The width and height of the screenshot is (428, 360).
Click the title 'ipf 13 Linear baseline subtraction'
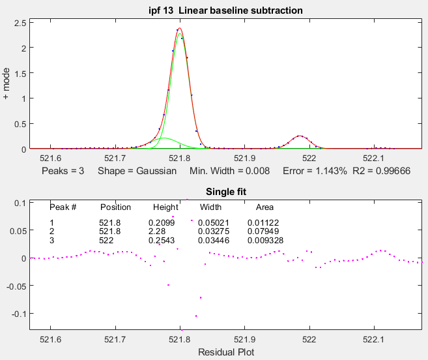pyautogui.click(x=225, y=10)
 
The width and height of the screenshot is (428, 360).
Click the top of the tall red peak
pyautogui.click(x=179, y=28)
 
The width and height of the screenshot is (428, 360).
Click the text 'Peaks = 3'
pyautogui.click(x=63, y=172)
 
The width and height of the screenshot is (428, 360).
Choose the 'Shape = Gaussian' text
pyautogui.click(x=137, y=172)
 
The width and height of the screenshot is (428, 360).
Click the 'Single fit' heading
pyautogui.click(x=225, y=191)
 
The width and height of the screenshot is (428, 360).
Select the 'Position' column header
pyautogui.click(x=115, y=207)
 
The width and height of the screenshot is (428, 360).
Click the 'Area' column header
pyautogui.click(x=264, y=207)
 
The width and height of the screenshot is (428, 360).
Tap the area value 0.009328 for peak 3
pyautogui.click(x=265, y=240)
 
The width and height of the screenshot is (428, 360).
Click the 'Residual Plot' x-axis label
pyautogui.click(x=225, y=352)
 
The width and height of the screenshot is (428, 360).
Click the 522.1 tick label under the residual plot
pyautogui.click(x=374, y=339)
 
